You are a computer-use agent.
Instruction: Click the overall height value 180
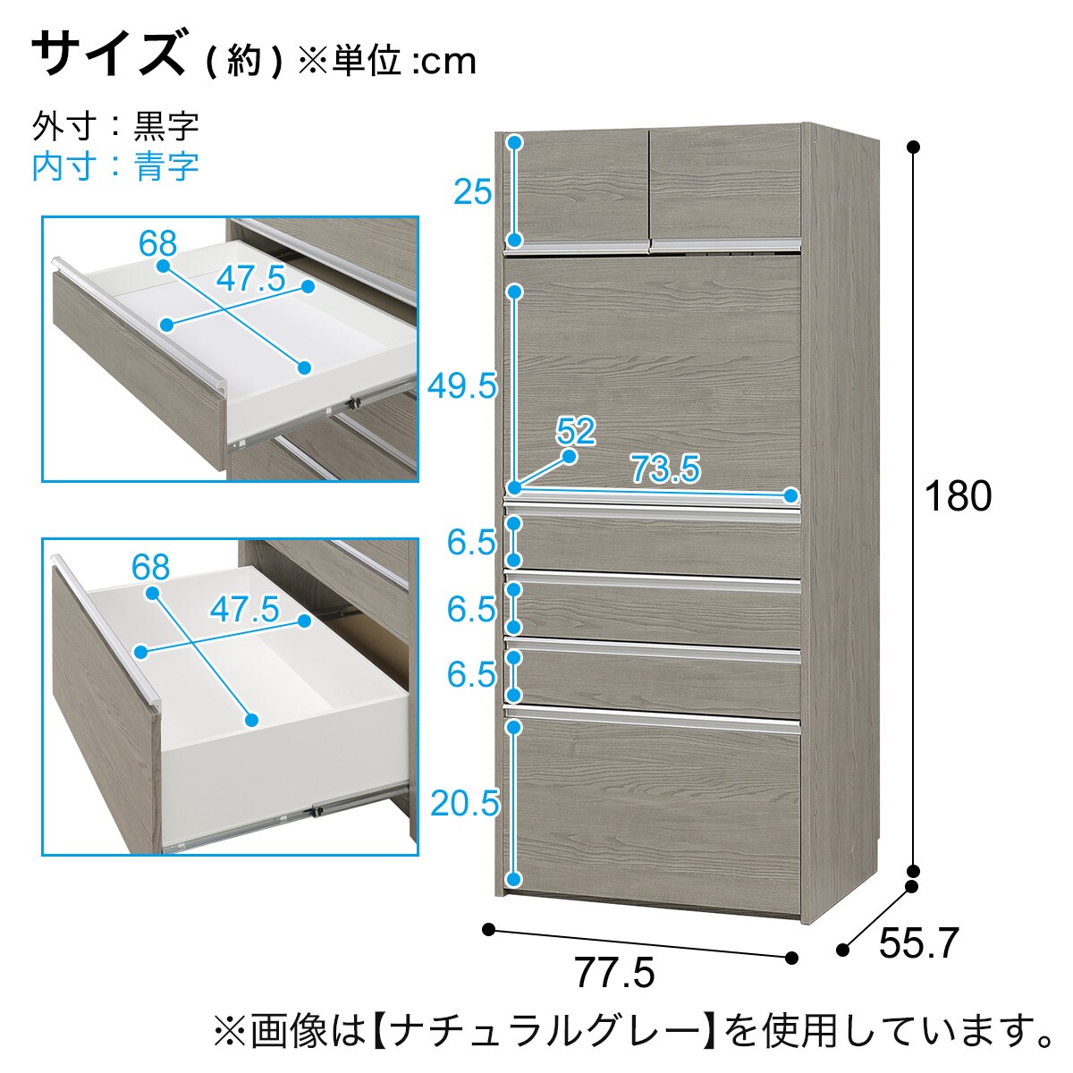pyautogui.click(x=958, y=496)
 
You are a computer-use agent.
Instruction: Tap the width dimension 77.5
pyautogui.click(x=614, y=972)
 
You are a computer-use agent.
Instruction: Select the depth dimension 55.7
pyautogui.click(x=919, y=942)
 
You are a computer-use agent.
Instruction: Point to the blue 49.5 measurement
pyautogui.click(x=461, y=386)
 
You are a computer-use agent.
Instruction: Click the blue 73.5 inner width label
pyautogui.click(x=665, y=469)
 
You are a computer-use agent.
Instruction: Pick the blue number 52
pyautogui.click(x=576, y=431)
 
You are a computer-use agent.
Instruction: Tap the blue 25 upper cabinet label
pyautogui.click(x=473, y=192)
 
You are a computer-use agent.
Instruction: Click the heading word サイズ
pyautogui.click(x=108, y=54)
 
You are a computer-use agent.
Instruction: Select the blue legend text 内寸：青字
pyautogui.click(x=115, y=166)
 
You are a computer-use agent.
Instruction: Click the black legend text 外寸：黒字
pyautogui.click(x=115, y=126)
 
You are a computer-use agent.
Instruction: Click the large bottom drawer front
pyautogui.click(x=653, y=811)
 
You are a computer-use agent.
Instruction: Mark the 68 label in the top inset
pyautogui.click(x=157, y=243)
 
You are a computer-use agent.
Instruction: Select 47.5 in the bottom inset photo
pyautogui.click(x=244, y=609)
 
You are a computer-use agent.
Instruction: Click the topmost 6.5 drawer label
pyautogui.click(x=471, y=543)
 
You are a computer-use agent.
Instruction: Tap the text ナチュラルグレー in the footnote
pyautogui.click(x=544, y=1031)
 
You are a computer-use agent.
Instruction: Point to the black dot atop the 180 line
pyautogui.click(x=913, y=148)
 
